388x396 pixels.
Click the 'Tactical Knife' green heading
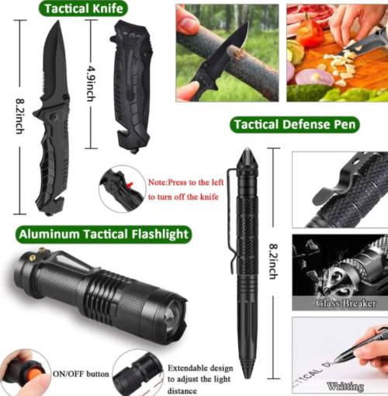83,9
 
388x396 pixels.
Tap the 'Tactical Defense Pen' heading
295,124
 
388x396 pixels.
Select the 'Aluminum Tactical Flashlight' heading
103,234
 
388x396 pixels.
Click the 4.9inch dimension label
91,84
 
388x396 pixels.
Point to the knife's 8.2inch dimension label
20,116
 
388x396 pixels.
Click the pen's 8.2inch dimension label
273,262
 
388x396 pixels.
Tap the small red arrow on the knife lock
130,185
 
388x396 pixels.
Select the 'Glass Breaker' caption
345,303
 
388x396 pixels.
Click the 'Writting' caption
345,386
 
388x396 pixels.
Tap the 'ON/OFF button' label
81,374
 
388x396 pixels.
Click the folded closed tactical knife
132,87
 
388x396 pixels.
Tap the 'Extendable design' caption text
200,368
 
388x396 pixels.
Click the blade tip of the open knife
57,22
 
